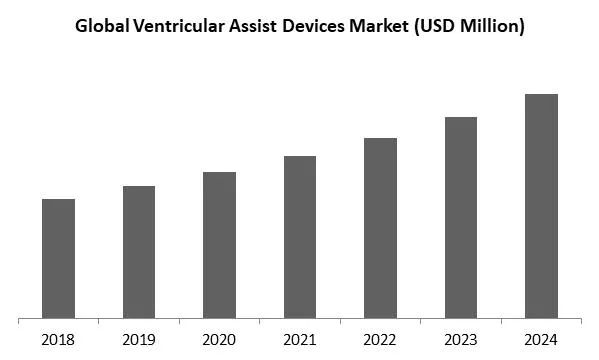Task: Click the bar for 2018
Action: click(x=58, y=258)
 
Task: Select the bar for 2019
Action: click(x=139, y=252)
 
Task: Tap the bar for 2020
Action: click(x=219, y=245)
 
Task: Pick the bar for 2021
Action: click(x=300, y=237)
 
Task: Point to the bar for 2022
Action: click(x=380, y=228)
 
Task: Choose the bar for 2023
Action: click(x=461, y=218)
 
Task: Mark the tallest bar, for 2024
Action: click(x=541, y=206)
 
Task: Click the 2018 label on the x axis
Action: click(x=58, y=339)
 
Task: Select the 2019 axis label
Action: click(x=139, y=339)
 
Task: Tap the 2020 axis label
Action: click(x=219, y=339)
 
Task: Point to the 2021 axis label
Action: click(x=300, y=339)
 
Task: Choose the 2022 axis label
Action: click(x=380, y=339)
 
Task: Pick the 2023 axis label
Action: click(x=461, y=339)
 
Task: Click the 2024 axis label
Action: click(x=541, y=339)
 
